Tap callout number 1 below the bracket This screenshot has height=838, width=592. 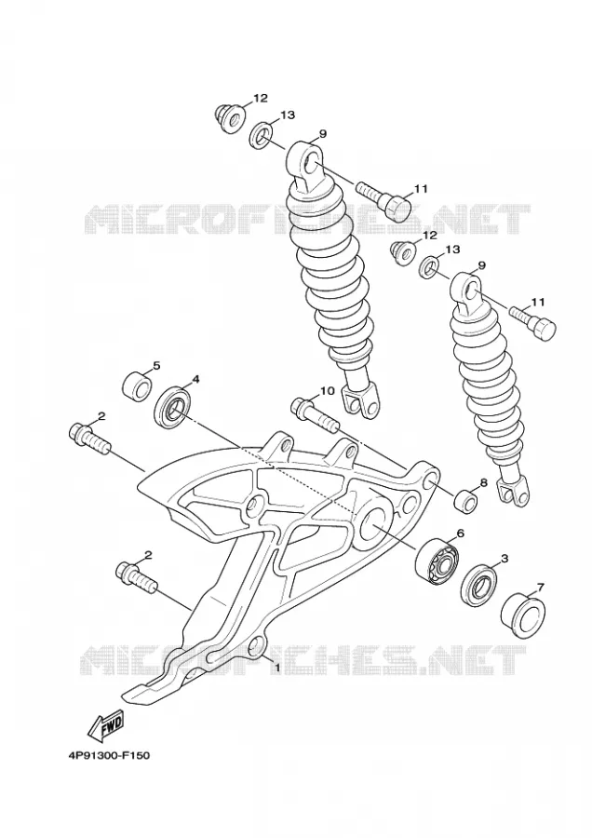point(277,667)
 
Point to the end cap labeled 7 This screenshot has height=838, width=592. point(522,615)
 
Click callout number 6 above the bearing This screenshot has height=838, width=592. point(460,533)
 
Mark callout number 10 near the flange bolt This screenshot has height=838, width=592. point(327,391)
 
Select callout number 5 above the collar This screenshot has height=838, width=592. point(156,366)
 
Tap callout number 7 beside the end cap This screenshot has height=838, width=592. point(540,588)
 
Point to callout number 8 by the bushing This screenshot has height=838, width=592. point(483,482)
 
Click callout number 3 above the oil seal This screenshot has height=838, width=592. point(504,559)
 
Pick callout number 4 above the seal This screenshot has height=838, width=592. point(196,379)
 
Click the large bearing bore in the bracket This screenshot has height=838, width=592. point(373,522)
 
